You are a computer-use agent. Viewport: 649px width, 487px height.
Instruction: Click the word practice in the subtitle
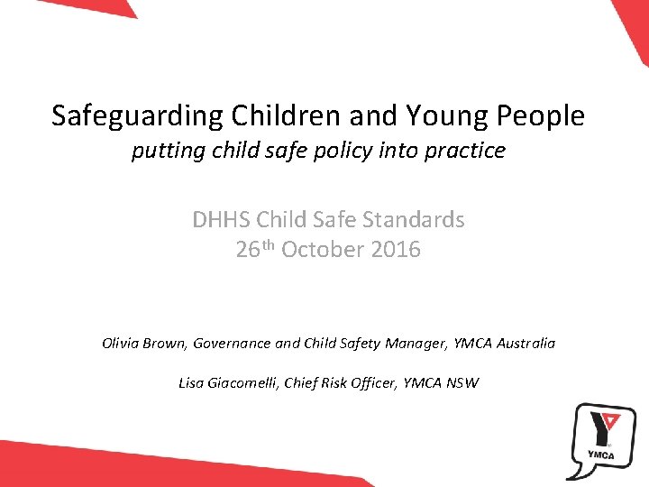point(463,151)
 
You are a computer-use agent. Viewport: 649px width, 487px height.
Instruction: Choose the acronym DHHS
point(221,220)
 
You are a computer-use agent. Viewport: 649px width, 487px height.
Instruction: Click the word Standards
point(417,220)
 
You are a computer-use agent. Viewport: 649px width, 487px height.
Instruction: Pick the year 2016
point(395,250)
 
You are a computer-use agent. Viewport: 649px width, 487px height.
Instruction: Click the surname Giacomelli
point(242,383)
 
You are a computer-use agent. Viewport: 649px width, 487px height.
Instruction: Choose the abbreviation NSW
point(462,383)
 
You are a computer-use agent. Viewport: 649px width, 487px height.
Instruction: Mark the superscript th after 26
point(267,244)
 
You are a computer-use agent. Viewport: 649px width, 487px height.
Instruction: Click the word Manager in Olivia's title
point(406,344)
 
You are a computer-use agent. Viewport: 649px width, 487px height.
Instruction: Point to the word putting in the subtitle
point(163,151)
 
